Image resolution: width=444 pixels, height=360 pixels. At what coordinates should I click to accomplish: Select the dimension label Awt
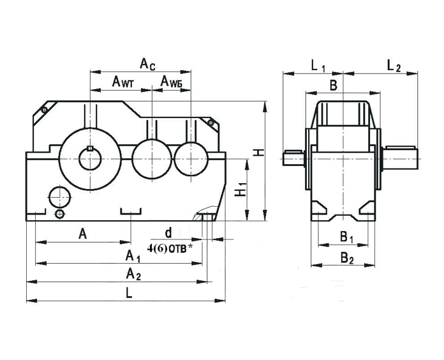pyautogui.click(x=122, y=81)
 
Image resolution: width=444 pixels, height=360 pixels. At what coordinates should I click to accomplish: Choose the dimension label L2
pyautogui.click(x=394, y=65)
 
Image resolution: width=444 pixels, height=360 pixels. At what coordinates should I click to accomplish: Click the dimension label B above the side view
pyautogui.click(x=332, y=85)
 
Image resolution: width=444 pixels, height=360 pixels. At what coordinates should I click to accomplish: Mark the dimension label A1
pyautogui.click(x=132, y=257)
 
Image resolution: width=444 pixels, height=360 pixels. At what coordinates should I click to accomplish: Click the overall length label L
pyautogui.click(x=129, y=293)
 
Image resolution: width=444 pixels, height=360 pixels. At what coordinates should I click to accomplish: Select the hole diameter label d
pyautogui.click(x=168, y=232)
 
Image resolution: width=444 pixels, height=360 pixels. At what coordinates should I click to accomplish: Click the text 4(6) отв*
pyautogui.click(x=170, y=247)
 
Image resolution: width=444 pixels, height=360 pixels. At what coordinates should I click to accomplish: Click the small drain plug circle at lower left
pyautogui.click(x=59, y=213)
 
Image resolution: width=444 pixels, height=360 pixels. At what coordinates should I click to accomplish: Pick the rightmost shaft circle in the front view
pyautogui.click(x=189, y=158)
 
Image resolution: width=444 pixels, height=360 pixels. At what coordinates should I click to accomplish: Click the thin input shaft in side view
pyautogui.click(x=293, y=155)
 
